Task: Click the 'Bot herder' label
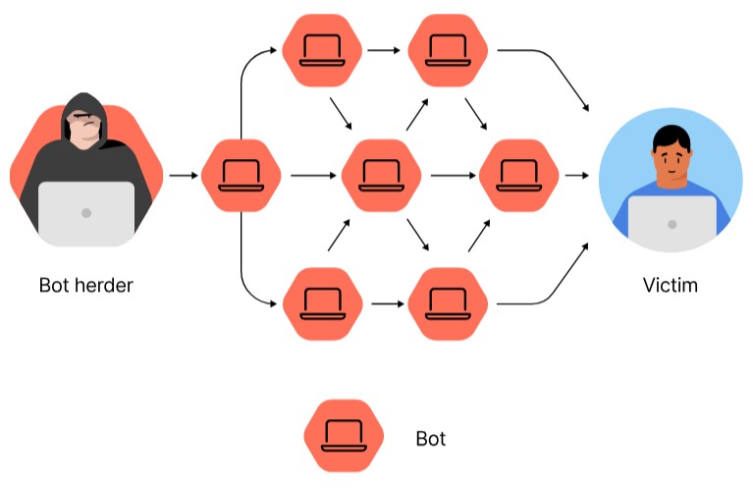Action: coord(86,286)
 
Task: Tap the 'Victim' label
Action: coord(671,286)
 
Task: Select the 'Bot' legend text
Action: coord(432,438)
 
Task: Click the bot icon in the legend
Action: coord(344,436)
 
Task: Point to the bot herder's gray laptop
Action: coord(86,212)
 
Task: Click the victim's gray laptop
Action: coord(672,224)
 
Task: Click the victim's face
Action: coord(671,162)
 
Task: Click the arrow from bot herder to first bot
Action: coord(183,177)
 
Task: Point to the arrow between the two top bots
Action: coord(385,47)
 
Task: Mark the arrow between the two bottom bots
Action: coord(385,303)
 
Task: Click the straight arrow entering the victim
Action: coord(577,177)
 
